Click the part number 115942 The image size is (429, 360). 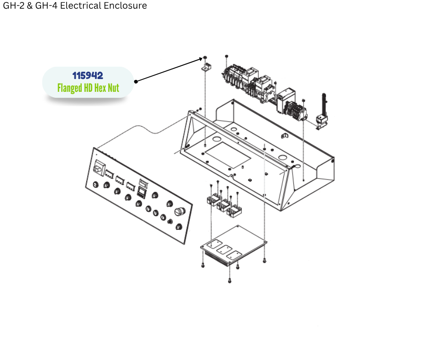(88, 75)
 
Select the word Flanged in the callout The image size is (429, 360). (69, 88)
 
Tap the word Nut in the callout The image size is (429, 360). (113, 88)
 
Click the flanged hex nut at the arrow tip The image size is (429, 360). (205, 58)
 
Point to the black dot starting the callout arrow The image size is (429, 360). (136, 81)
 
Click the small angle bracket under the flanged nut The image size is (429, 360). (205, 68)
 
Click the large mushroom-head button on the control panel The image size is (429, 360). (178, 212)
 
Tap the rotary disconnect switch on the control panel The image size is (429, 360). (98, 168)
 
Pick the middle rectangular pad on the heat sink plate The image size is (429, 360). (225, 250)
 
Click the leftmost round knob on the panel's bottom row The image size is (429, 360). (95, 185)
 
